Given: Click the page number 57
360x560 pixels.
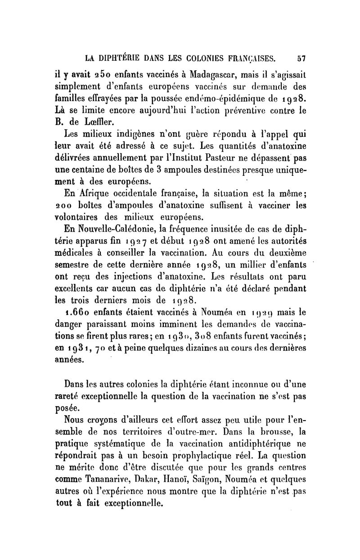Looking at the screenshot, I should point(301,58).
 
